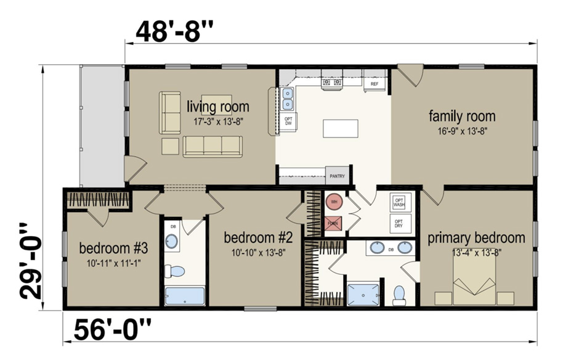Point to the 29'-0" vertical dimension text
pos(29,260)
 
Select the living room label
pos(218,107)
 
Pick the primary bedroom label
pos(476,237)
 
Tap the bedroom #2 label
pos(254,237)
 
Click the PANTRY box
pos(338,176)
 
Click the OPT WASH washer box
pos(399,202)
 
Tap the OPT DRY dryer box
pos(399,224)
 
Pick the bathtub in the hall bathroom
pos(184,296)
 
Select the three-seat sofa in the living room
pos(213,145)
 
